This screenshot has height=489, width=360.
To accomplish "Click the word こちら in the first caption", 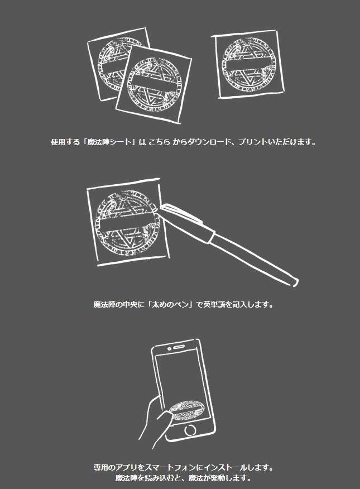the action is pos(159,142).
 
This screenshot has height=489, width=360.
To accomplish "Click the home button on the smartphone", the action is pos(190,430).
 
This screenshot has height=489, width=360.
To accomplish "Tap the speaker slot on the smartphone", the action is pos(179,347).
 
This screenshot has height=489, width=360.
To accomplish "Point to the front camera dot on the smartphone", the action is pos(169,348).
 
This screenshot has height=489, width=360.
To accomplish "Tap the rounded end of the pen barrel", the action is pos(295,282).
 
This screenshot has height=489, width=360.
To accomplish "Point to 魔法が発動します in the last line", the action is pos(220,478).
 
